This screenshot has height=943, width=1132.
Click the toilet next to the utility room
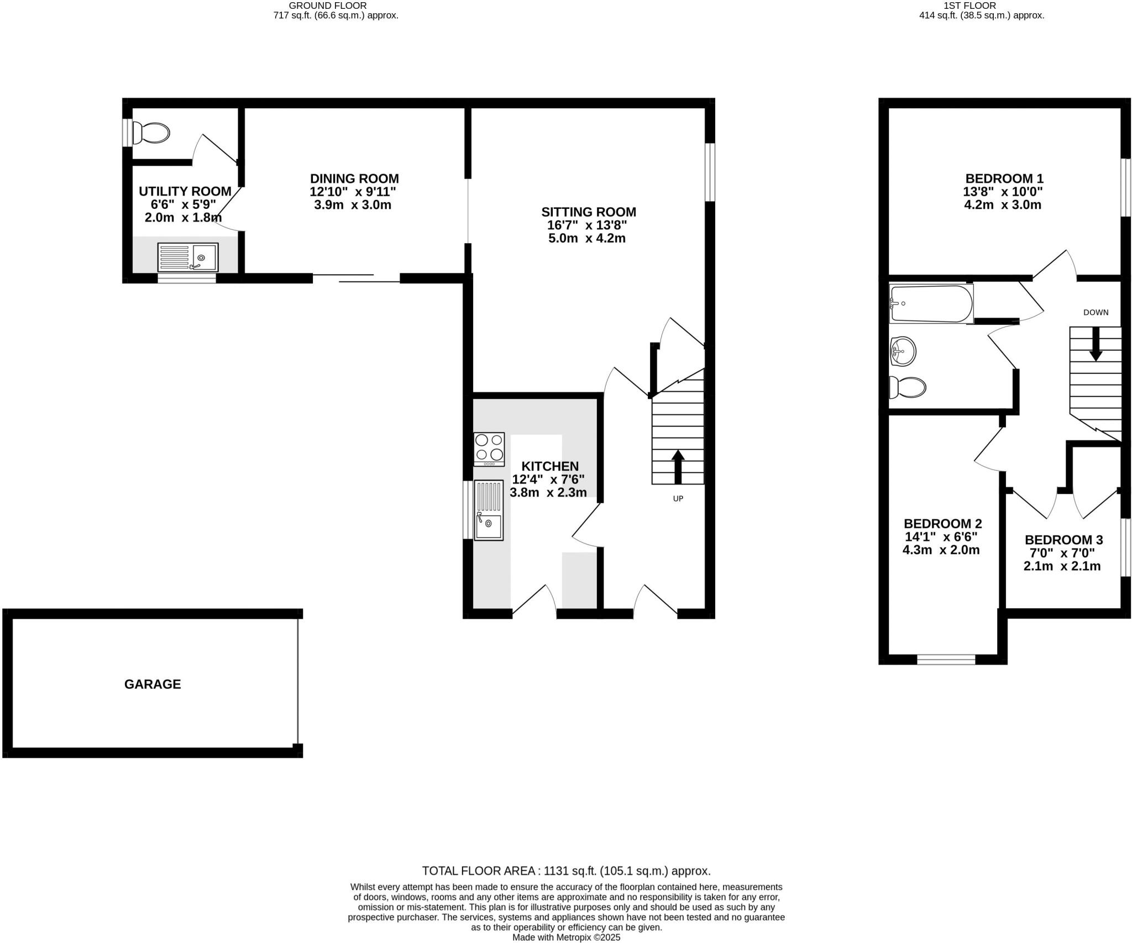150,133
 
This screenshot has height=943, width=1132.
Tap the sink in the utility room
188,257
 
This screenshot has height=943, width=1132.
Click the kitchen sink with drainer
489,510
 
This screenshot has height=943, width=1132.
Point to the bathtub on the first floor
931,304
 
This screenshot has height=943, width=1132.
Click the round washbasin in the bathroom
903,351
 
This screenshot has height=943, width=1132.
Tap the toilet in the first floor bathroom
907,387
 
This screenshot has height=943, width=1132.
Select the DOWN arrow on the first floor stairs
1095,344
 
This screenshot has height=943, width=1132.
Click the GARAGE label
153,684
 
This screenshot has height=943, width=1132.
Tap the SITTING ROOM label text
588,212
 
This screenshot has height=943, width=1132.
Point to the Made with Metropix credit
566,937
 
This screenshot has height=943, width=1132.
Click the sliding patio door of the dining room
357,278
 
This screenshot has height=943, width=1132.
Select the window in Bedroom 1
1125,188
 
